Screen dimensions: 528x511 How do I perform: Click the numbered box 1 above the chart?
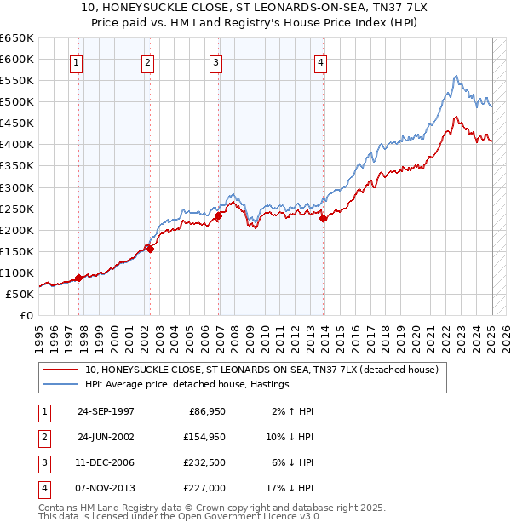pyautogui.click(x=77, y=62)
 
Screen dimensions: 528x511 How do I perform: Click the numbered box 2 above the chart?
pyautogui.click(x=147, y=62)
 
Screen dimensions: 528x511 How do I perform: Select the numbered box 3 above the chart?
pyautogui.click(x=216, y=62)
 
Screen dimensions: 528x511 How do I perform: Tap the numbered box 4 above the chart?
pyautogui.click(x=320, y=62)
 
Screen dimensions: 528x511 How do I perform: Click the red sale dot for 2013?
pyautogui.click(x=324, y=218)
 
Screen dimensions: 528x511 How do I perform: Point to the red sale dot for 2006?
pyautogui.click(x=219, y=215)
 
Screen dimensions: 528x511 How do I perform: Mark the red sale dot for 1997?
pyautogui.click(x=78, y=278)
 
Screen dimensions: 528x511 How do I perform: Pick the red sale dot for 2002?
pyautogui.click(x=150, y=249)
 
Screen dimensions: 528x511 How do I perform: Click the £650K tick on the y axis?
pyautogui.click(x=17, y=38)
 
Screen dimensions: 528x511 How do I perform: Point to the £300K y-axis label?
pyautogui.click(x=17, y=187)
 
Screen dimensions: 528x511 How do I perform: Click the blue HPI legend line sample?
pyautogui.click(x=60, y=384)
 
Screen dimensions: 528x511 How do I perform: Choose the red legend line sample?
pyautogui.click(x=60, y=370)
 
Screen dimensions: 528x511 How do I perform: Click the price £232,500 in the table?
pyautogui.click(x=206, y=462)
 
